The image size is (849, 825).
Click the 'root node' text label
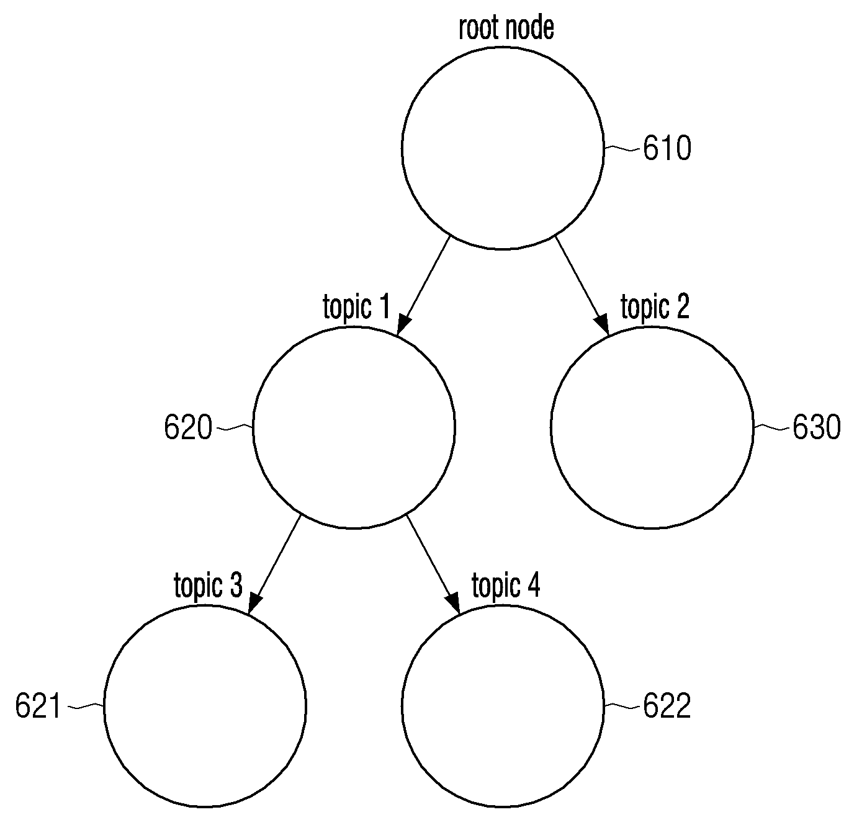pyautogui.click(x=506, y=29)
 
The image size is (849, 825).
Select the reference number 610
pyautogui.click(x=667, y=148)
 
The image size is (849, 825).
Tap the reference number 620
pyautogui.click(x=188, y=427)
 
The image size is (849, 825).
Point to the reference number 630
pyautogui.click(x=816, y=427)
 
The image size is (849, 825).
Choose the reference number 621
pyautogui.click(x=38, y=706)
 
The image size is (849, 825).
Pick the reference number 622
pyautogui.click(x=667, y=706)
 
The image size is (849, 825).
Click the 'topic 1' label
pyautogui.click(x=356, y=308)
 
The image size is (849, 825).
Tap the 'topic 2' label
pyautogui.click(x=655, y=308)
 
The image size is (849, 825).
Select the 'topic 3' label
pyautogui.click(x=208, y=586)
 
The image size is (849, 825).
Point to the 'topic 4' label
pyautogui.click(x=506, y=586)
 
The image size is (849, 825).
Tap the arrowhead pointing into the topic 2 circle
pyautogui.click(x=602, y=324)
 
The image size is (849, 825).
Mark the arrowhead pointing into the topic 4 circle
pyautogui.click(x=453, y=604)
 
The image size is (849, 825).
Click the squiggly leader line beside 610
pyautogui.click(x=622, y=149)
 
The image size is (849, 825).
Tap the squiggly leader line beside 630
pyautogui.click(x=772, y=428)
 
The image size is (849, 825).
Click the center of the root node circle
pyautogui.click(x=503, y=148)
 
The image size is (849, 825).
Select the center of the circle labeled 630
pyautogui.click(x=652, y=427)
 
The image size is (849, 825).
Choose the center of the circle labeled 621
pyautogui.click(x=205, y=707)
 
